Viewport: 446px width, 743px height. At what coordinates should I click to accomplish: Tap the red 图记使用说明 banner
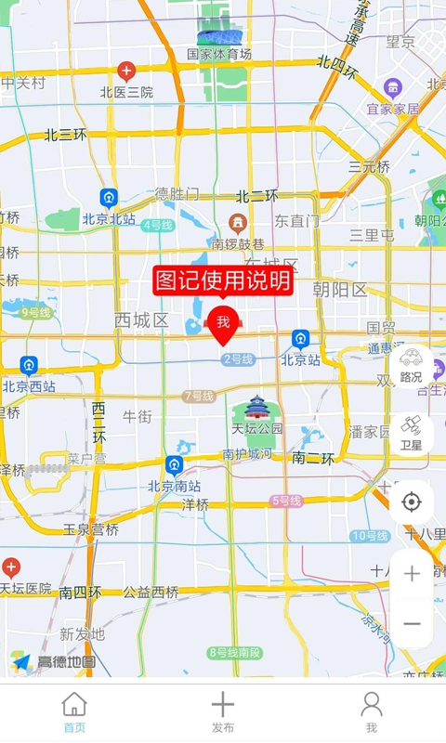[x=223, y=280]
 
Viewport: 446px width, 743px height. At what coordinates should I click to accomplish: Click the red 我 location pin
[x=223, y=323]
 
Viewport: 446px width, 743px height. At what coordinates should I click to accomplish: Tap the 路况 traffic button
[x=411, y=365]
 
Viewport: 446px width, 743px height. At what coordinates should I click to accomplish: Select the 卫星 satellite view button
[x=411, y=433]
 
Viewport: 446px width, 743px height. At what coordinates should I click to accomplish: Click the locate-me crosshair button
[x=411, y=502]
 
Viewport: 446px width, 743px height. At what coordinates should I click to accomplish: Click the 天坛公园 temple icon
[x=256, y=407]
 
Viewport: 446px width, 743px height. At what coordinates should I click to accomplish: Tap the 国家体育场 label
[x=219, y=55]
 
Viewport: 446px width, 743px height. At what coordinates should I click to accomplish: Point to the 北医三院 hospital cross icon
[x=127, y=71]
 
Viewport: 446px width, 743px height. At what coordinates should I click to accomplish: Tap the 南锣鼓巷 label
[x=238, y=244]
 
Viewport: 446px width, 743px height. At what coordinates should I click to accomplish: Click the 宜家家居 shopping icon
[x=392, y=88]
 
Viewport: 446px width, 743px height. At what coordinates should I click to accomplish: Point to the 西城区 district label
[x=141, y=319]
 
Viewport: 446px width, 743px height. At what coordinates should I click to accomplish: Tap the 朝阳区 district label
[x=340, y=290]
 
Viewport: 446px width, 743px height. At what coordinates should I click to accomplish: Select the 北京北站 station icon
[x=110, y=198]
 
